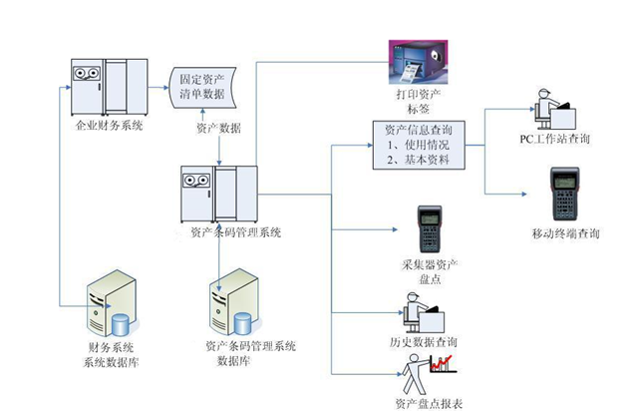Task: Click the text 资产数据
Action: pos(219,129)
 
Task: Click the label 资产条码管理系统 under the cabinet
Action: pos(235,233)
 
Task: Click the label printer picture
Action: pos(415,62)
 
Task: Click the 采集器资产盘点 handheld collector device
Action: pos(431,230)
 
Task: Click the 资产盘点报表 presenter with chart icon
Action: pos(425,376)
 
